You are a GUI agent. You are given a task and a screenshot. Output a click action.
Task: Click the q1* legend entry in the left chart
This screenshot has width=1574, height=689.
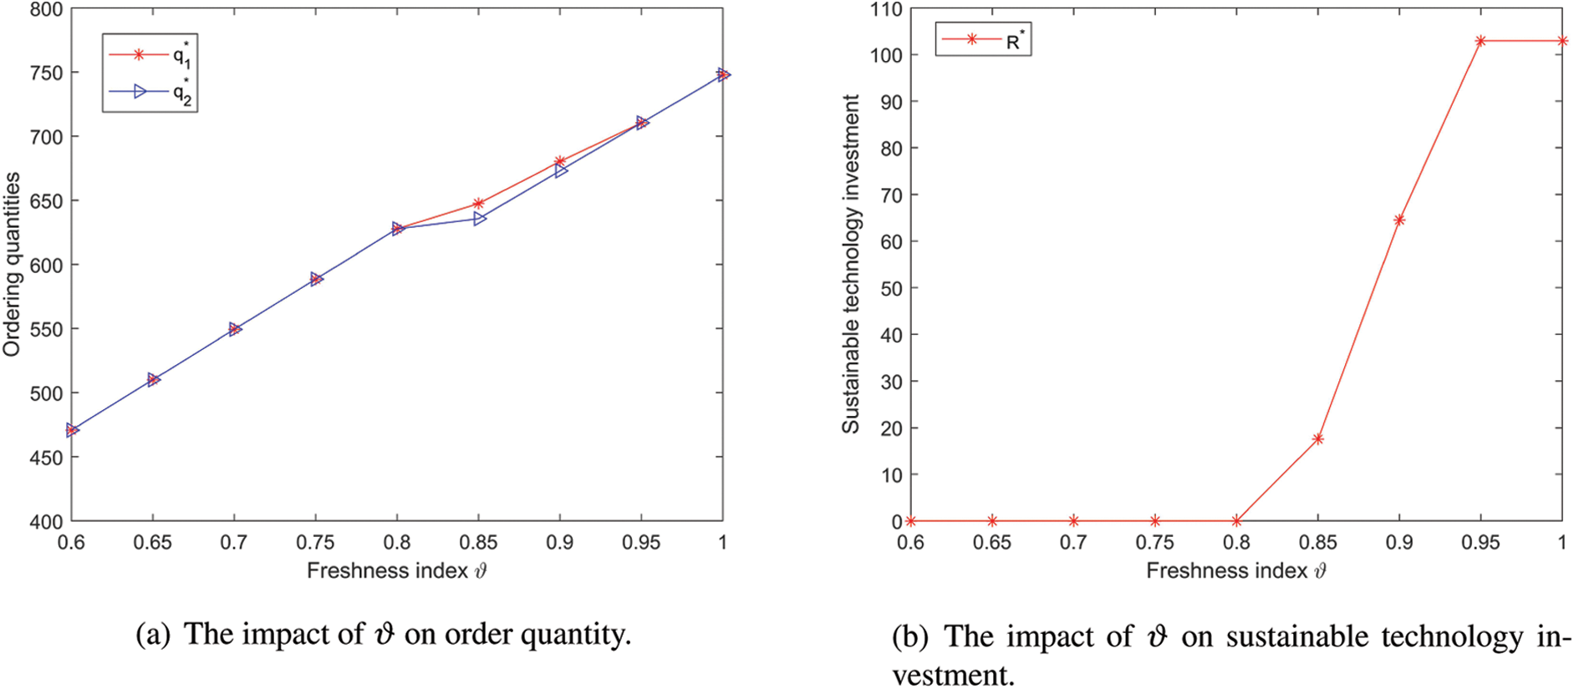pos(150,55)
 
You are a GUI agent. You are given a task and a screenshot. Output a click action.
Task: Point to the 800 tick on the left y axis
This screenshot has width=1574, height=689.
pos(46,10)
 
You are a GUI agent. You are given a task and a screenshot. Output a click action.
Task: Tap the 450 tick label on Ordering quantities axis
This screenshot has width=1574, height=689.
pos(46,458)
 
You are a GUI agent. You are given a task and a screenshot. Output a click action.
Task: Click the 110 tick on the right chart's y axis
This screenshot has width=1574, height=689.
pos(885,10)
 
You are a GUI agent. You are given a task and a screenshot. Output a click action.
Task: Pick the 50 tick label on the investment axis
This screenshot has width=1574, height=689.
pos(891,288)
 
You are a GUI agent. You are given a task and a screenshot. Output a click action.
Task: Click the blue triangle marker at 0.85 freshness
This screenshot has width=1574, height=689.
pos(479,219)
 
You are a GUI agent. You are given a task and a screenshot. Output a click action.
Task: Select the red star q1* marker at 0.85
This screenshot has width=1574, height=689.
pos(478,203)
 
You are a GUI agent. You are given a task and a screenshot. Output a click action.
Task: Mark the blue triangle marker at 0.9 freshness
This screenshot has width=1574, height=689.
pos(560,170)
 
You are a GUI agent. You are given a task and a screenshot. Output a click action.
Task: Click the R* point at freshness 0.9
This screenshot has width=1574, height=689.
pos(1399,220)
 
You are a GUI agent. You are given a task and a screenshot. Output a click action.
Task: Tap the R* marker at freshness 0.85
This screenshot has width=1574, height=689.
pos(1318,438)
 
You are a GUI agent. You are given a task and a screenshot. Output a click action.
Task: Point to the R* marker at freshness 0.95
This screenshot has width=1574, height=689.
pos(1480,41)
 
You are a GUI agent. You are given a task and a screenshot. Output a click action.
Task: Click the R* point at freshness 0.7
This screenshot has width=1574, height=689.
pos(1073,521)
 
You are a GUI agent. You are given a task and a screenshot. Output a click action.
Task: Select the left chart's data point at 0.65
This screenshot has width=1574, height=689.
pos(153,379)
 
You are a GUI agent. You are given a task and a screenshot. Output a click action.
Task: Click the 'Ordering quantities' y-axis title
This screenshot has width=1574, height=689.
pos(12,264)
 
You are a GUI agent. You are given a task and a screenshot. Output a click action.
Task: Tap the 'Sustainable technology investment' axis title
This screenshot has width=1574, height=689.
pos(850,264)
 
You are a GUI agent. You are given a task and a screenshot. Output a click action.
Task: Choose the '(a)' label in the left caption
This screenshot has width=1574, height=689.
pos(152,635)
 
